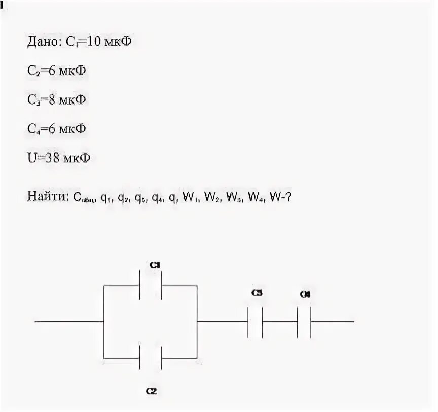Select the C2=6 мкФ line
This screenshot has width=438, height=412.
pyautogui.click(x=56, y=71)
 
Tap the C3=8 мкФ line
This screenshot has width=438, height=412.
pyautogui.click(x=56, y=99)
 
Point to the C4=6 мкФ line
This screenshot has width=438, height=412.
pyautogui.click(x=56, y=128)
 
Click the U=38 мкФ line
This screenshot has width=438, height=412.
pyautogui.click(x=59, y=158)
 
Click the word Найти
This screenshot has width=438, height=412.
pyautogui.click(x=48, y=197)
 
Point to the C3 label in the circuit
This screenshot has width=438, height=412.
pyautogui.click(x=257, y=293)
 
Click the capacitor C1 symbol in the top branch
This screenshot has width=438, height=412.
pyautogui.click(x=151, y=285)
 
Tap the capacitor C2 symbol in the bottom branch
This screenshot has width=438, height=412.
pyautogui.click(x=151, y=358)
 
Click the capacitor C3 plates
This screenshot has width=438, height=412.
pyautogui.click(x=254, y=322)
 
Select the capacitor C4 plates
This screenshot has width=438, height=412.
pyautogui.click(x=304, y=322)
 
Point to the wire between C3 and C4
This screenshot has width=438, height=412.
pyautogui.click(x=279, y=322)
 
